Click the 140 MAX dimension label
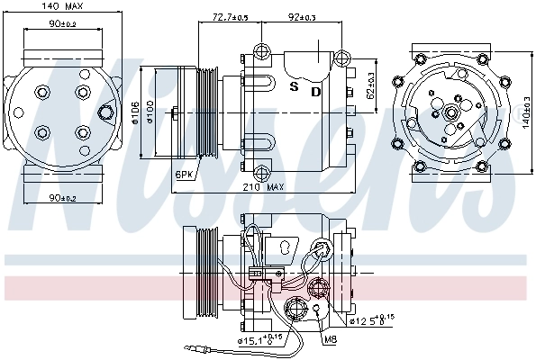click(60, 7)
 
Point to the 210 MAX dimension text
click(261, 187)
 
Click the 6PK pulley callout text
click(185, 173)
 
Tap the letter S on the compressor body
click(294, 89)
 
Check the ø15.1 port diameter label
click(256, 340)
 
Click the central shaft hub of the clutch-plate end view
click(448, 113)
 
